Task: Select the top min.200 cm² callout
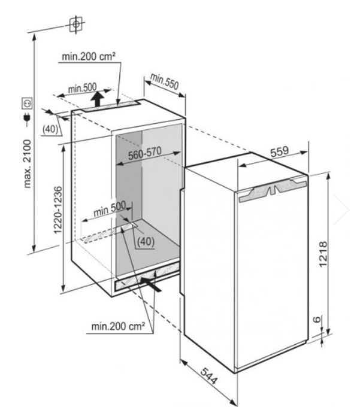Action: (88, 57)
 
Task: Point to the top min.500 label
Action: (81, 89)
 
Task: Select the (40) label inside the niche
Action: (144, 241)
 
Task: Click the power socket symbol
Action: (27, 102)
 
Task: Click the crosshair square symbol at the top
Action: (76, 24)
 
